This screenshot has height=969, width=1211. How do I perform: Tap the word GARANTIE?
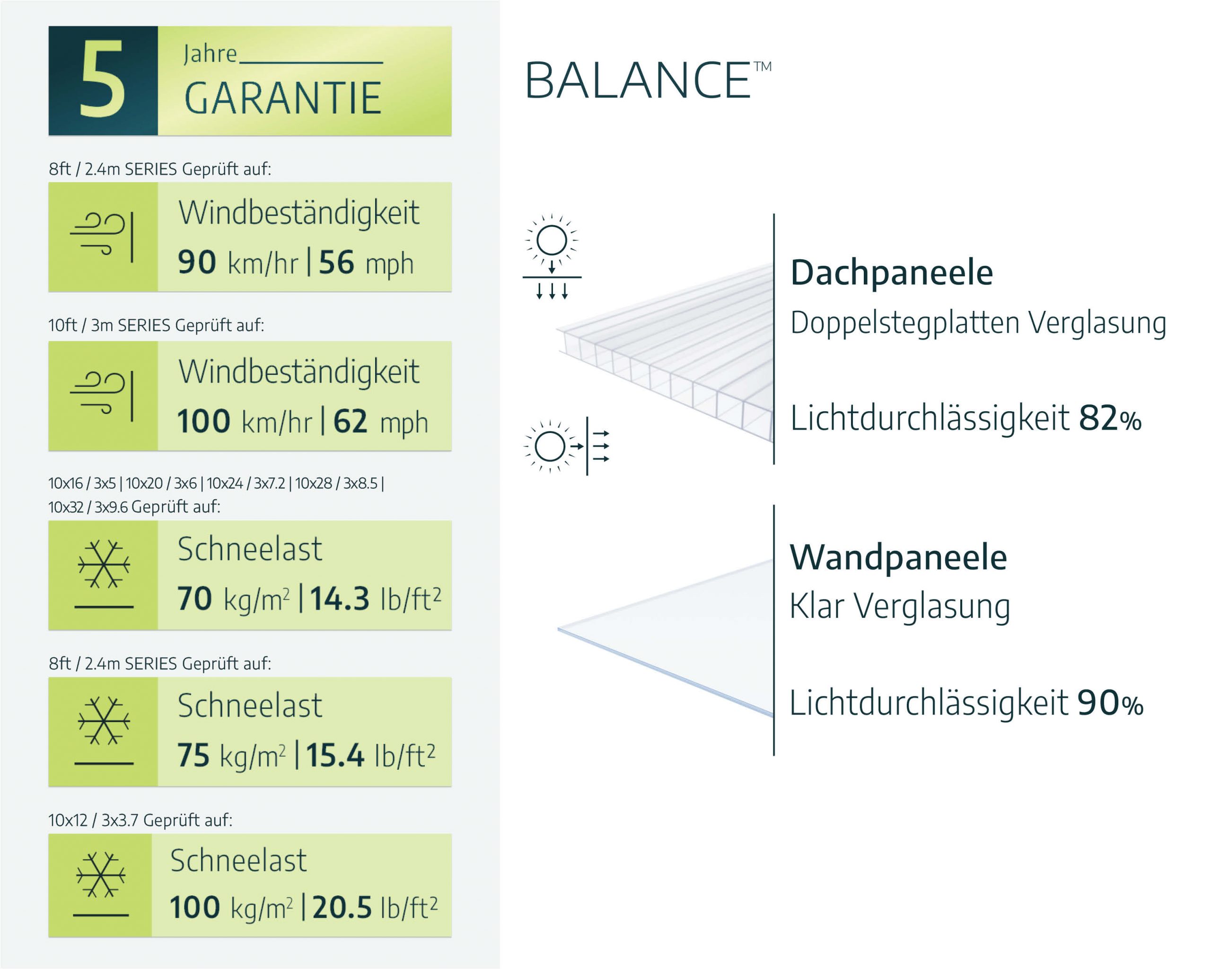click(x=282, y=98)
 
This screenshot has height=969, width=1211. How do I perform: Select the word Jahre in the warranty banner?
click(x=210, y=54)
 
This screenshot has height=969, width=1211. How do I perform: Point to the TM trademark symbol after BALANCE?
click(x=762, y=67)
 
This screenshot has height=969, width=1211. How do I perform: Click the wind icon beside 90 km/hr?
click(x=102, y=237)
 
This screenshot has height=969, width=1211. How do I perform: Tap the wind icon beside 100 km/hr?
click(x=102, y=396)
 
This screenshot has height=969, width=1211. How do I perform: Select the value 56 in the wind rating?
click(x=336, y=262)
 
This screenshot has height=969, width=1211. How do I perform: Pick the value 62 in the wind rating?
click(x=351, y=421)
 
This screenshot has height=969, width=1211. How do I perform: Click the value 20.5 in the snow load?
click(x=342, y=907)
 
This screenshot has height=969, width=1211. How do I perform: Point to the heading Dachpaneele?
click(x=891, y=273)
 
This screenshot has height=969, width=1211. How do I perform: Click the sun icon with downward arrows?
click(x=552, y=256)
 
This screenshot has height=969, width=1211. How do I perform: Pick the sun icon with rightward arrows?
click(x=566, y=447)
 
